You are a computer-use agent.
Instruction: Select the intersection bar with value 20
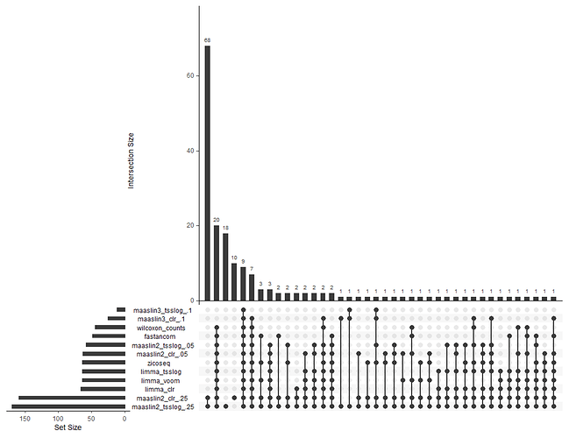tap(217, 262)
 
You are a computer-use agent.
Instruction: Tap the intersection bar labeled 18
tap(225, 265)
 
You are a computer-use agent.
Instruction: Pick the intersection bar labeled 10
tap(234, 280)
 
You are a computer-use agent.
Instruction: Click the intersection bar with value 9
tap(243, 282)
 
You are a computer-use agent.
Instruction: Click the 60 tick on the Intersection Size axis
tap(191, 76)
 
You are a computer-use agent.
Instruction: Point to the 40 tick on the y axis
tap(191, 151)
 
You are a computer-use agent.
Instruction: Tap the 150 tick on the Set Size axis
tap(26, 418)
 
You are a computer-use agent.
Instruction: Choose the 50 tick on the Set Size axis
tap(92, 418)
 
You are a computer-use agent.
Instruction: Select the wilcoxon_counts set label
tap(165, 328)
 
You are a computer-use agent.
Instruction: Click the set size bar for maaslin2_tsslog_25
tap(68, 406)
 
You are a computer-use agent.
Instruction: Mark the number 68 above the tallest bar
tap(208, 39)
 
